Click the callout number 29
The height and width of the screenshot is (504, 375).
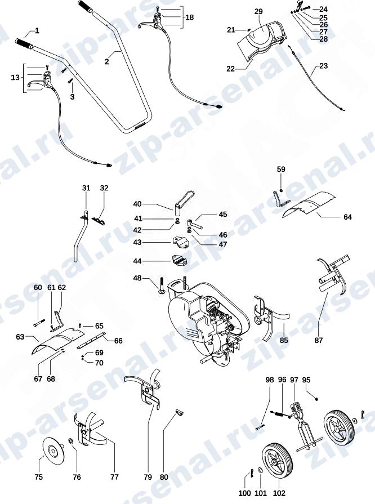[258, 12]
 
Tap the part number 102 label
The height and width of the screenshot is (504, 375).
[279, 493]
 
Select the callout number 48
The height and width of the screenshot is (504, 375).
[137, 278]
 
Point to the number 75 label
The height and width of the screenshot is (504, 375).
[38, 477]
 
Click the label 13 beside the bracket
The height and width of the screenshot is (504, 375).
[15, 78]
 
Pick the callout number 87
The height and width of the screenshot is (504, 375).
[319, 340]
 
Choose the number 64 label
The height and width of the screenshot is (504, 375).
[347, 217]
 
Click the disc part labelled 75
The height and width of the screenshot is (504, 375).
[53, 451]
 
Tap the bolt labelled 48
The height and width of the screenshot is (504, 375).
[162, 287]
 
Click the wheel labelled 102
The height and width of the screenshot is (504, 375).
[278, 462]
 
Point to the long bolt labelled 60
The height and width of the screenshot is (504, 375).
[39, 323]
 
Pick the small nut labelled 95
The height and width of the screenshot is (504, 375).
[316, 399]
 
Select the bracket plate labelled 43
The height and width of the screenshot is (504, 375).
[181, 242]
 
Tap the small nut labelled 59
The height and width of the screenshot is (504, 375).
[281, 191]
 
